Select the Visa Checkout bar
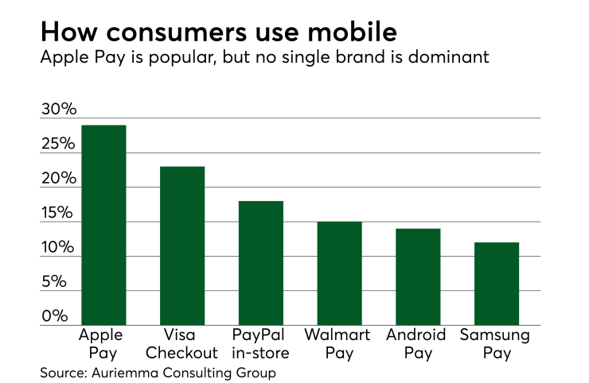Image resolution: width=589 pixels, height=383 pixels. (182, 246)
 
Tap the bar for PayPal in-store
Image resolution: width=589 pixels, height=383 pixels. (261, 263)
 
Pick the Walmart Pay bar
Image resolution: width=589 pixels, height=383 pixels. (339, 273)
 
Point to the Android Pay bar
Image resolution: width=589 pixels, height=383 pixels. (418, 277)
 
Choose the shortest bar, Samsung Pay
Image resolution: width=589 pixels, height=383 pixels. (497, 284)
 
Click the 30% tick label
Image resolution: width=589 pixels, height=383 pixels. (58, 110)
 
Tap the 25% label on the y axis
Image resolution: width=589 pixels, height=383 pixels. (58, 145)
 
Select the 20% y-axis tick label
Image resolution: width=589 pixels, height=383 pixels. (58, 179)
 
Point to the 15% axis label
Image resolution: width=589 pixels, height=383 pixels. (58, 214)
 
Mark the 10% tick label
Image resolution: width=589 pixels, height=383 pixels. (58, 248)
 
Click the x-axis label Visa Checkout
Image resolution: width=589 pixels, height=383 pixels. (182, 343)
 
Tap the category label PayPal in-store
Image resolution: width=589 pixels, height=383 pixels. (261, 343)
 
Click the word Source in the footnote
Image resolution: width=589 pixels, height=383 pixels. (63, 371)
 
